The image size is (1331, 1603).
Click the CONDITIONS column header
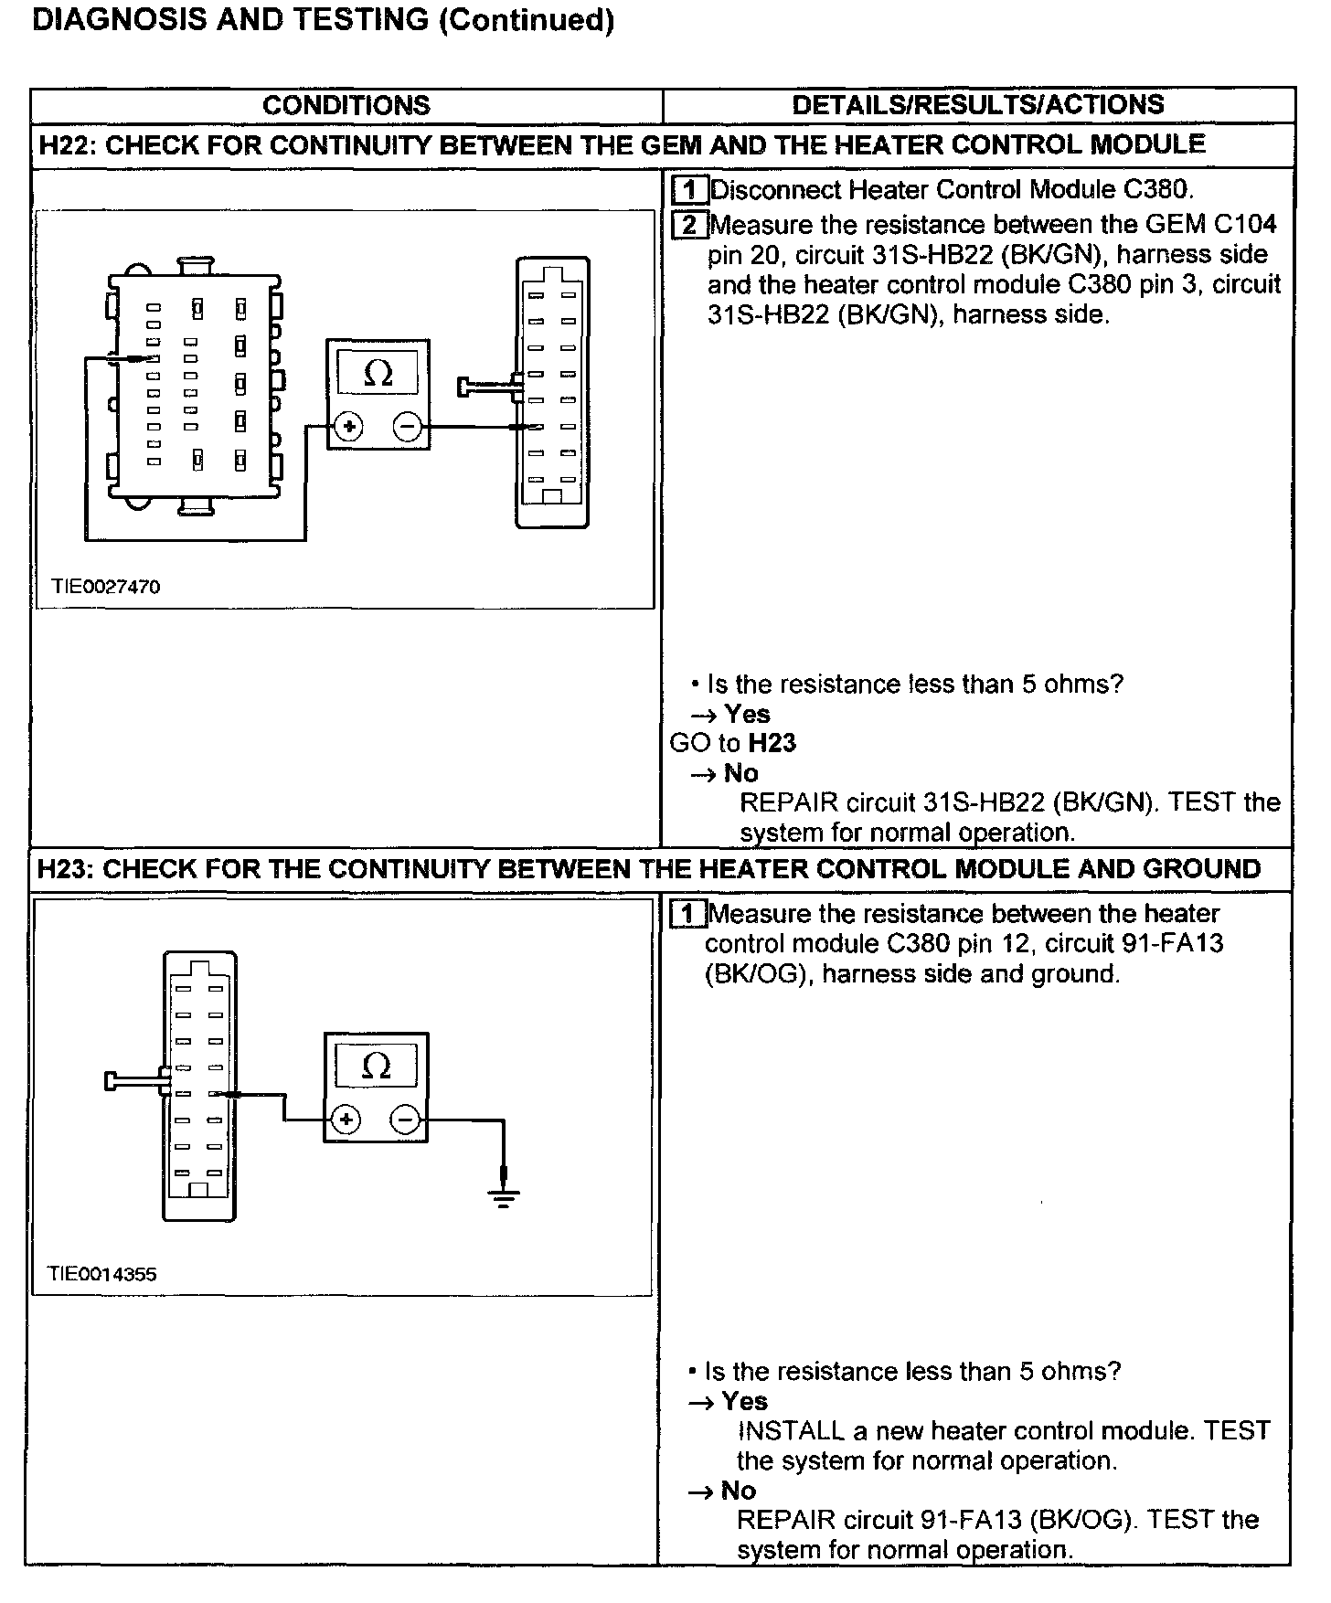346,105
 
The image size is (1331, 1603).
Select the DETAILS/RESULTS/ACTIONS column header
977,104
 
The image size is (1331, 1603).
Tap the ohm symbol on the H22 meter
378,373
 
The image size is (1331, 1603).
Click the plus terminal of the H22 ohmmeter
349,426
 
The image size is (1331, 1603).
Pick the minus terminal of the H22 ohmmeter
407,426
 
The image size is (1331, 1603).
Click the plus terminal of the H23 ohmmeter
346,1119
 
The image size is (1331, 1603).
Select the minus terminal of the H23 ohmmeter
405,1119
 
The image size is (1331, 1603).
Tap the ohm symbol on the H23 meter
376,1066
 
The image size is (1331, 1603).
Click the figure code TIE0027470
106,587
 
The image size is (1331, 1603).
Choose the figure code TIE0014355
102,1274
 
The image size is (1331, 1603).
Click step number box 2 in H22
689,225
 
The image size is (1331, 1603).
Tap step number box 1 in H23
687,914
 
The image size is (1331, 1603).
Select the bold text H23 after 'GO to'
772,743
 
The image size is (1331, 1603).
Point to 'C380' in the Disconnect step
1155,190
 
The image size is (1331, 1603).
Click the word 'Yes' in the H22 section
747,714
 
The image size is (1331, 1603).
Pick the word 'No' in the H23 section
739,1491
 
